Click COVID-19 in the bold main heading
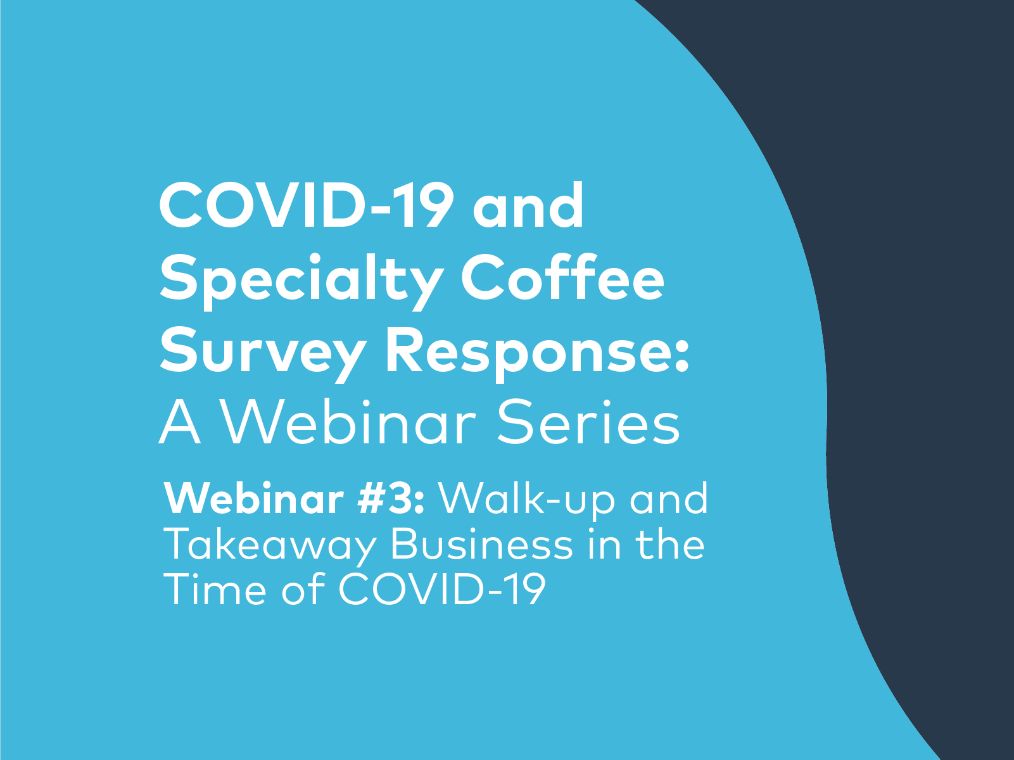click(306, 206)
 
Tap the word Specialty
click(301, 280)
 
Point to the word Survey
click(262, 352)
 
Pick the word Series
click(588, 423)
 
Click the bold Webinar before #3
click(254, 499)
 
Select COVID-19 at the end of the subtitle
click(441, 590)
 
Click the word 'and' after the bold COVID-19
click(528, 206)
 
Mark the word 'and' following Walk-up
click(668, 499)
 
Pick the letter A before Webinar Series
click(180, 423)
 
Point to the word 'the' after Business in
click(670, 545)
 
